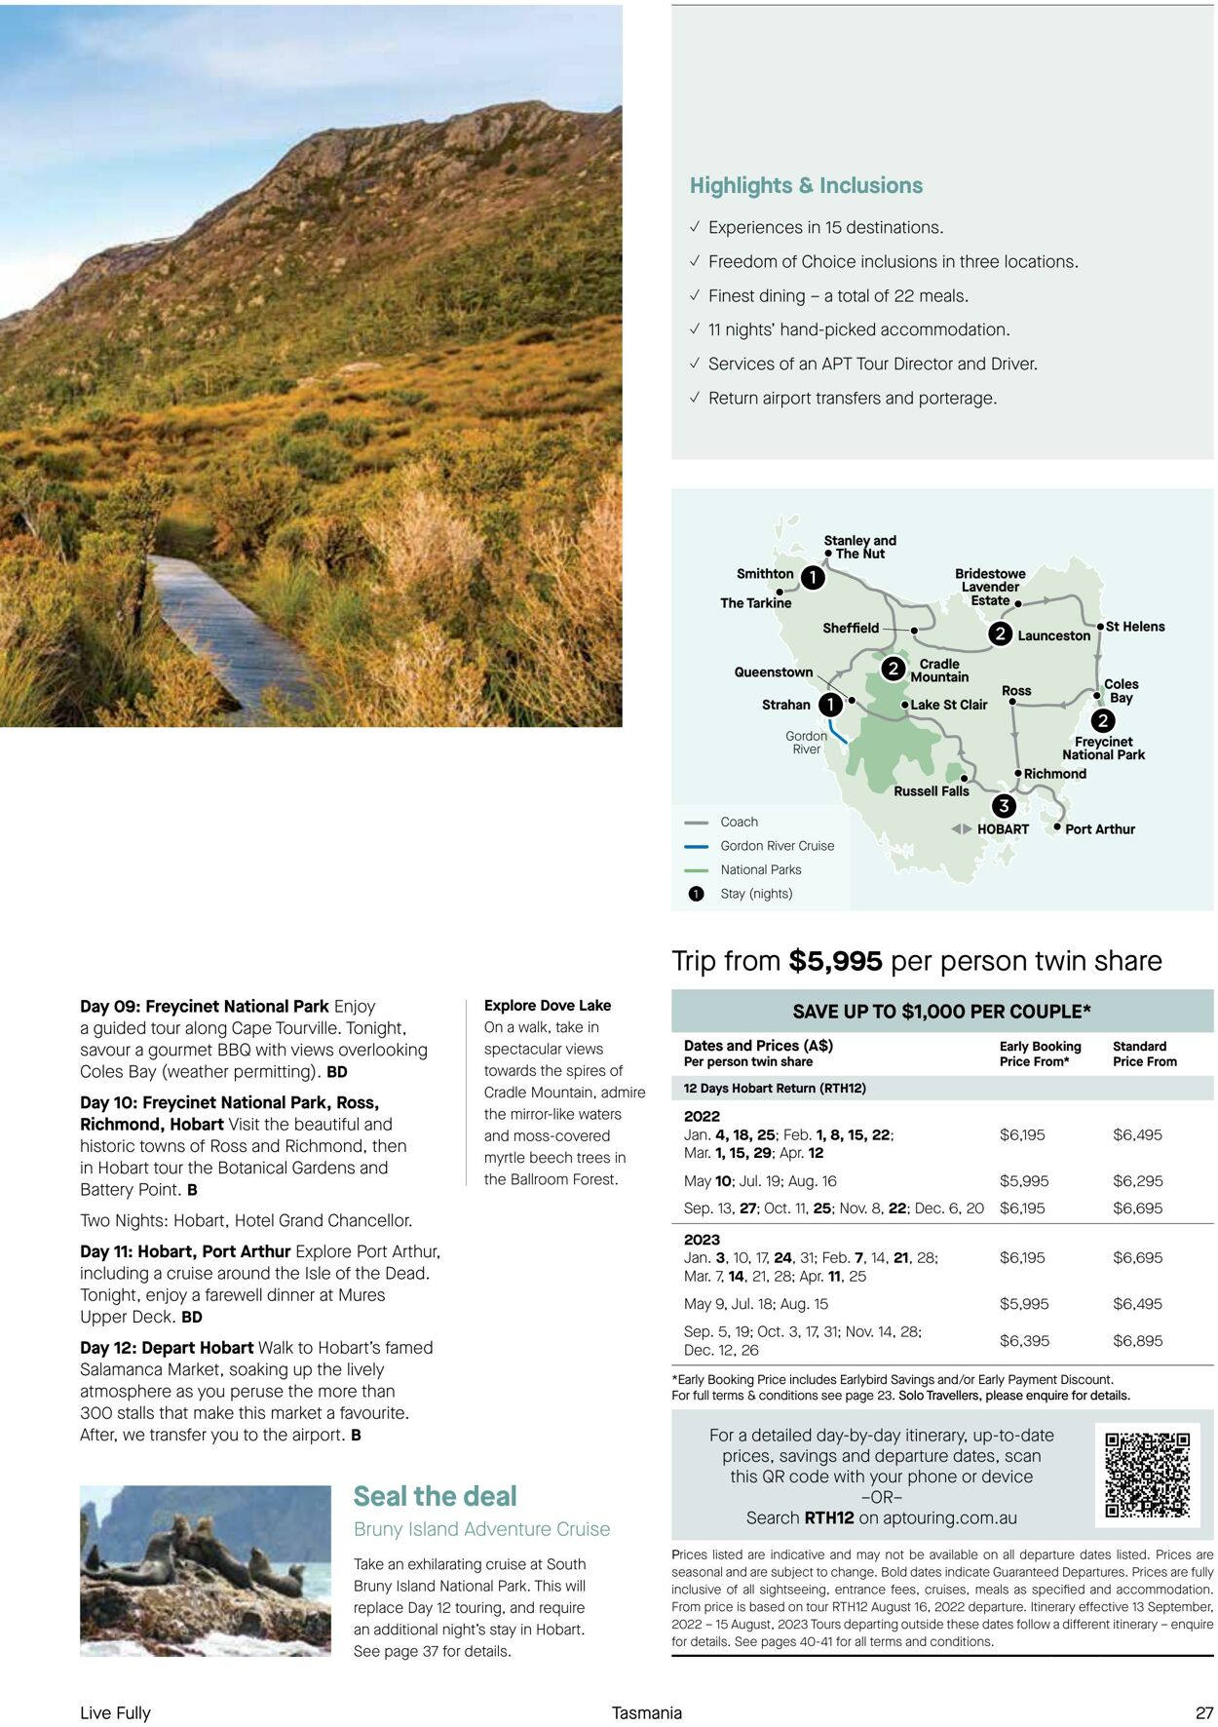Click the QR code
1147,1476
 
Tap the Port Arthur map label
1099,829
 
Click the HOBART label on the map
1003,829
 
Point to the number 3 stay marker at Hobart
1003,806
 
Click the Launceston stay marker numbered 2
1000,634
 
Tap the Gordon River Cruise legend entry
777,846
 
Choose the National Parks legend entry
760,869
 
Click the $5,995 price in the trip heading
835,961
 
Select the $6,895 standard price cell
1137,1341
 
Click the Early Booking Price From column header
1040,1054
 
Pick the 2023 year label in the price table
702,1240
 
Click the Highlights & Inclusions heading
806,185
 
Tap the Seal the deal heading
435,1496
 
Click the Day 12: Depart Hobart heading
167,1348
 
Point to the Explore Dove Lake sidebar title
548,1005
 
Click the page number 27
1204,1712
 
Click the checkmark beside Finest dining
694,295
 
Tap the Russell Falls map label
931,791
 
